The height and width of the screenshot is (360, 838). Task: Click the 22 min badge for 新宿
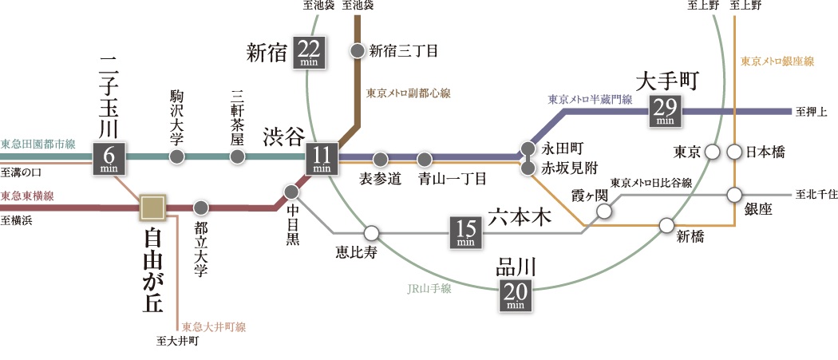click(308, 53)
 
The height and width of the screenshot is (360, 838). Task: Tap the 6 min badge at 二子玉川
click(108, 158)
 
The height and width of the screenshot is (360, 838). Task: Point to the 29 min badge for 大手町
click(664, 110)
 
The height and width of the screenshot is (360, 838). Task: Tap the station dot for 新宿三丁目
click(357, 51)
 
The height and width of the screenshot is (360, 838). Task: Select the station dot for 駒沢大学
click(177, 156)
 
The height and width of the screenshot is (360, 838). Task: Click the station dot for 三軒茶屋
click(236, 156)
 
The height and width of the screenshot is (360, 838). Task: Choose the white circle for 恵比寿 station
click(370, 233)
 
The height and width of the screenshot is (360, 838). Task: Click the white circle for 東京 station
click(713, 152)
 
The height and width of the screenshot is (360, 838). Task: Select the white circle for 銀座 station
click(734, 194)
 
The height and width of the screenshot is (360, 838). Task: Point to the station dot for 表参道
click(380, 158)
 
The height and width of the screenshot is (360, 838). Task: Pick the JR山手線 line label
click(429, 289)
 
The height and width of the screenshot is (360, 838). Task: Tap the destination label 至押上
click(811, 111)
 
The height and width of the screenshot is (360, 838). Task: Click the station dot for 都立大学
click(200, 208)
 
